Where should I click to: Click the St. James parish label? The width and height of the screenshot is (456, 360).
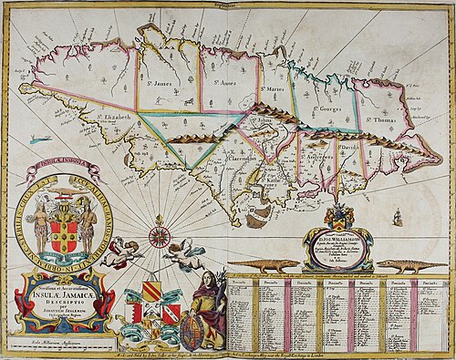(158, 82)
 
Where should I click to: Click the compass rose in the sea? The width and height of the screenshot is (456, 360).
(159, 238)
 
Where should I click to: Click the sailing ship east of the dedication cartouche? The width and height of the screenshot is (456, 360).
(397, 216)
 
